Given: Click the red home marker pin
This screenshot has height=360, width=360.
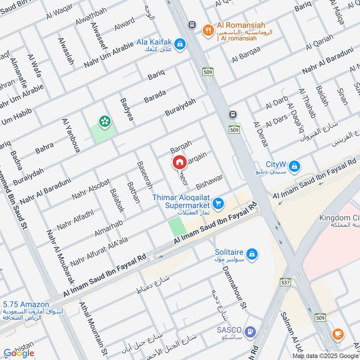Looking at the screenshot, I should coord(179,162).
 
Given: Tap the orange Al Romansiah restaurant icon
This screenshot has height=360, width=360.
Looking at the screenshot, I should coord(207,30).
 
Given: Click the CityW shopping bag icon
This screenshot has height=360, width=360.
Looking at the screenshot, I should coord(294,166).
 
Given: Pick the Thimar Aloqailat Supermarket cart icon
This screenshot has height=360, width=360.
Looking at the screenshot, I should coord(218,204).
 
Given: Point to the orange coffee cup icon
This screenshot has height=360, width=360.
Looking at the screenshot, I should coord(337,333).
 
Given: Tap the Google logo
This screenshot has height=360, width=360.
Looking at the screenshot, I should coord(19,353).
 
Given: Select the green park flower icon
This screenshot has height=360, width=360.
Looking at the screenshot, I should coord(105,121).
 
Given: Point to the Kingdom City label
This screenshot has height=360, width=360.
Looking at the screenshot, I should coord(339,218).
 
